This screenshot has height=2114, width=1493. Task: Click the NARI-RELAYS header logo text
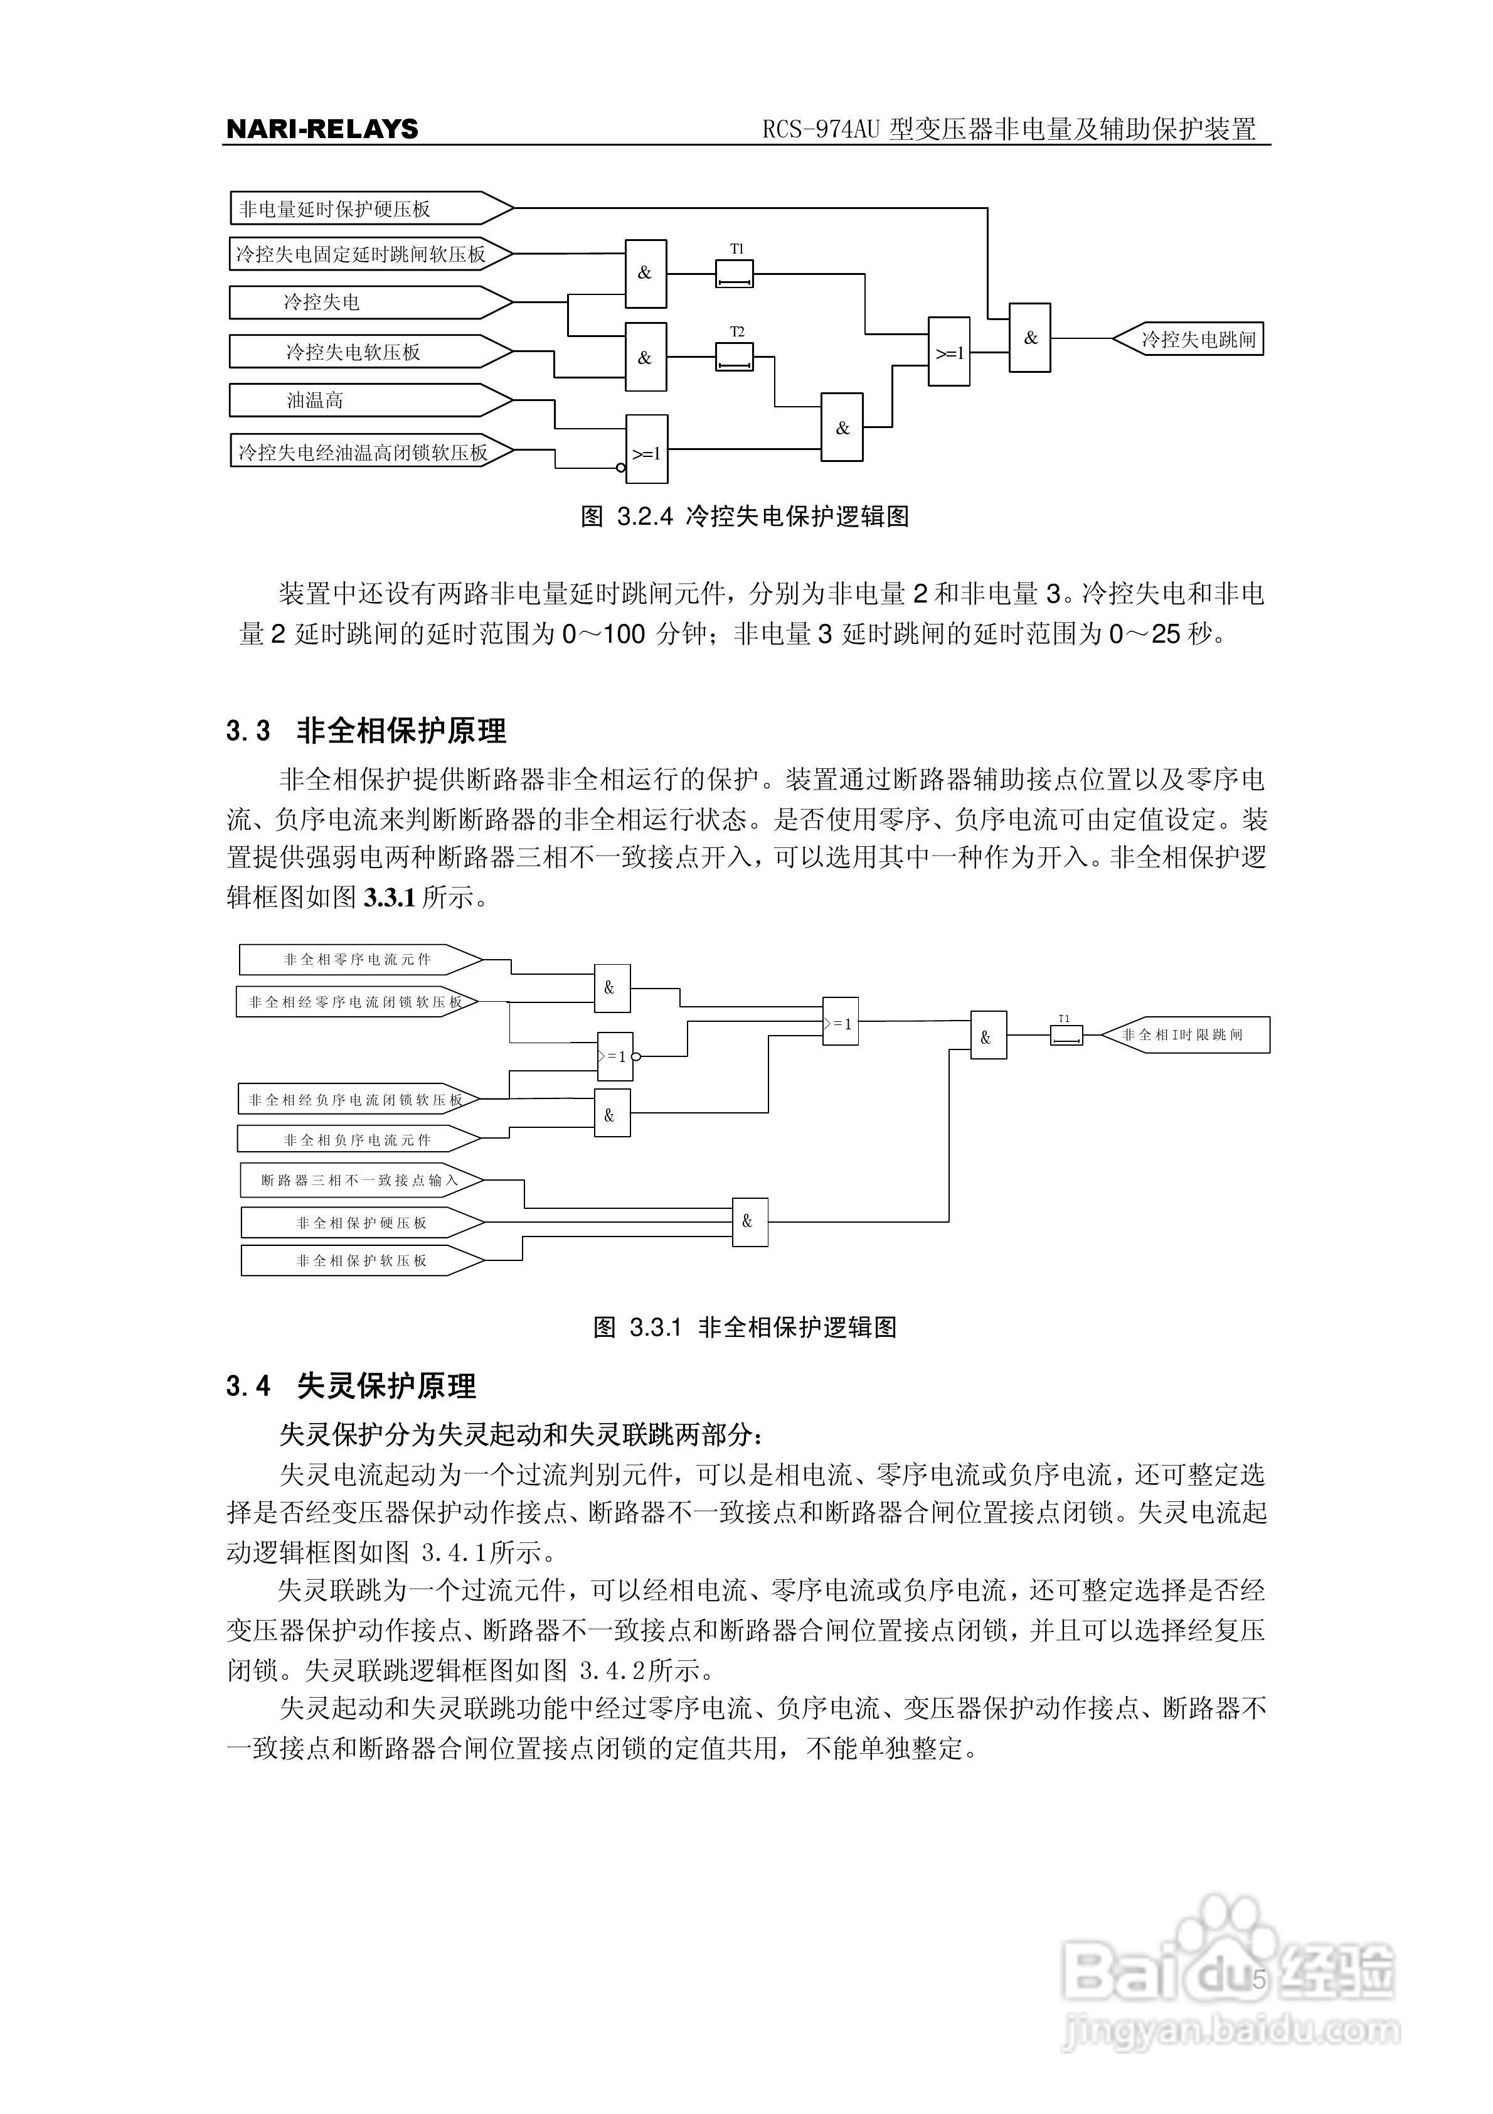[x=322, y=129]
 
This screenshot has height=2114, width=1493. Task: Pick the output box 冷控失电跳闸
[x=1191, y=339]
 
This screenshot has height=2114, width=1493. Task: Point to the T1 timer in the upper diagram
[x=735, y=274]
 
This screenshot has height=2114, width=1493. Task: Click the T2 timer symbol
[x=735, y=357]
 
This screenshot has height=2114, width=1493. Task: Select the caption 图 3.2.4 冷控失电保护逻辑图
[x=746, y=517]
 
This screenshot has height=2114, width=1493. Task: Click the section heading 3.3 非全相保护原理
[x=366, y=731]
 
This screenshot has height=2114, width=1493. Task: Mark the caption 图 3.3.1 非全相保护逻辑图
[x=746, y=1327]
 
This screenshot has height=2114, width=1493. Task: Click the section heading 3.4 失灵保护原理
[x=352, y=1386]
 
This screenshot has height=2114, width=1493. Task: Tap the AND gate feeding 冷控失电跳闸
[x=1030, y=338]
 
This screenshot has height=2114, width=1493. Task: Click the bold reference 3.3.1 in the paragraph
[x=390, y=898]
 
